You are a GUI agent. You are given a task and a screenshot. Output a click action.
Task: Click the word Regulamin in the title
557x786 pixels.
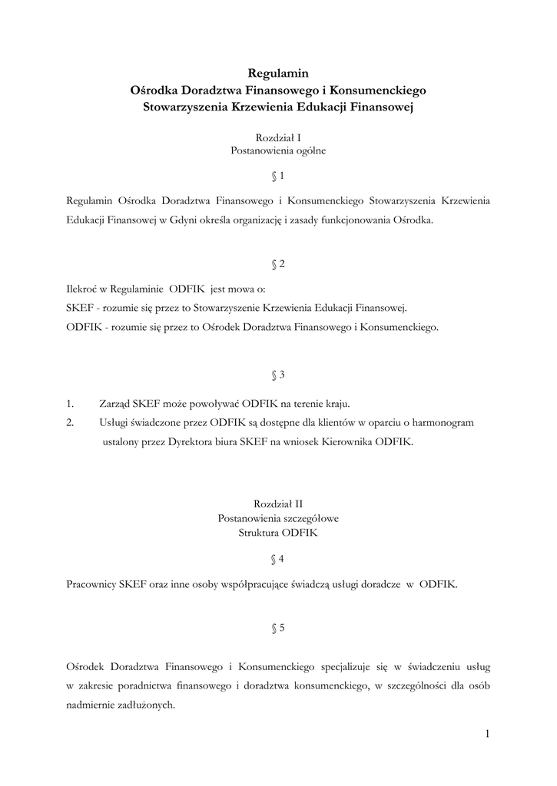coord(278,74)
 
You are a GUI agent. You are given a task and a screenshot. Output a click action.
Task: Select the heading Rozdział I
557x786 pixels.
coord(278,137)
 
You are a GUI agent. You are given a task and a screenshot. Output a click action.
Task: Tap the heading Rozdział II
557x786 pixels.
coord(278,504)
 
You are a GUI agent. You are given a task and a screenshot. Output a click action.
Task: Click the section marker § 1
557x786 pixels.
coord(278,176)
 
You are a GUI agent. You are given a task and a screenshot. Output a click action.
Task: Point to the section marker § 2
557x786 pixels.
coord(278,264)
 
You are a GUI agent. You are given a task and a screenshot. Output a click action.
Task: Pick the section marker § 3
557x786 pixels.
coord(278,375)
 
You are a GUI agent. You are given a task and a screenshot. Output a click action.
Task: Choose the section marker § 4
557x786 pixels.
coord(278,558)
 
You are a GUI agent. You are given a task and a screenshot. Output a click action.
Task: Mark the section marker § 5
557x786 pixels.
coord(278,628)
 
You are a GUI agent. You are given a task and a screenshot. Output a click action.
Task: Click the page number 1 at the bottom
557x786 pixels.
coord(486,734)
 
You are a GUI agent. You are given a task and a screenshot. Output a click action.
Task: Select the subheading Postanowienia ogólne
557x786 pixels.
coord(278,151)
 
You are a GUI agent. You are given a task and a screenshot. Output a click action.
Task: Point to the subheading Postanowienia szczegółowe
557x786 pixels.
coord(278,518)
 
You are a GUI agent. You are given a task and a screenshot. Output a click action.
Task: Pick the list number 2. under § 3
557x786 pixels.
coord(71,423)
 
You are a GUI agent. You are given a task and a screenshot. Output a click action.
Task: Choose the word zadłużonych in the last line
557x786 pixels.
coord(148,706)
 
